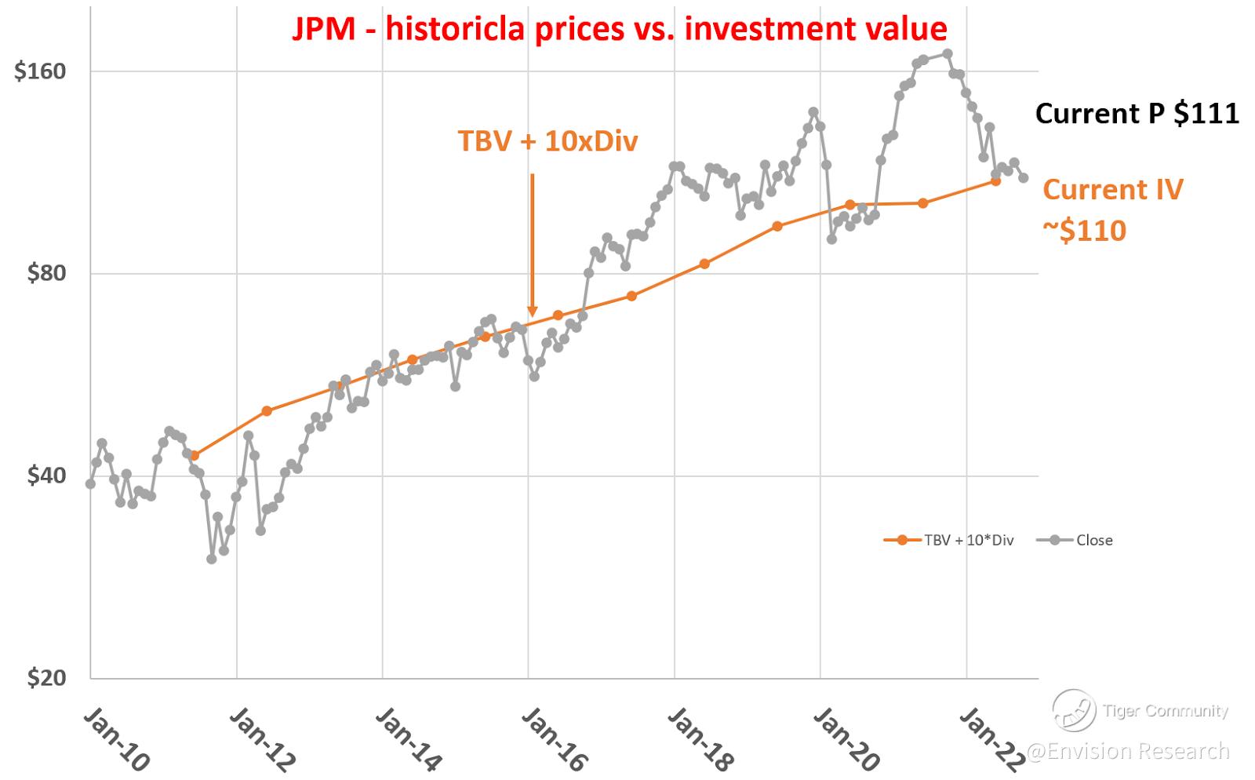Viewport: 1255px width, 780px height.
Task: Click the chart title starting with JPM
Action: (619, 29)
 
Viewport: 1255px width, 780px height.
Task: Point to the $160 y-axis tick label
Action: (40, 71)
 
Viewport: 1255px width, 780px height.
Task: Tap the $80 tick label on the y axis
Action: (45, 274)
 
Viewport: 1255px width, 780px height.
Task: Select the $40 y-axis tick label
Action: (45, 476)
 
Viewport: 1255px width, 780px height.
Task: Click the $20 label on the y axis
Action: (45, 678)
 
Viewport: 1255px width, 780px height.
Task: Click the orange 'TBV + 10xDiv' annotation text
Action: (547, 141)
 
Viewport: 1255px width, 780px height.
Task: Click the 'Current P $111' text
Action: (1137, 114)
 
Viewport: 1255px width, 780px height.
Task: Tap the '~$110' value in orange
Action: (1084, 231)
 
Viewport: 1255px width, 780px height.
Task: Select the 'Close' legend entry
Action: (1094, 540)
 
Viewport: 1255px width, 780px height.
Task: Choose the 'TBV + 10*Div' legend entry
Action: (969, 540)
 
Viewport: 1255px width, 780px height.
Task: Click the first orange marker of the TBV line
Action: (195, 455)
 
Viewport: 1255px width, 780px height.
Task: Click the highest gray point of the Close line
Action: (948, 53)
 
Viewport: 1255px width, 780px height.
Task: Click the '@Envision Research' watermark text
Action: (1128, 752)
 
